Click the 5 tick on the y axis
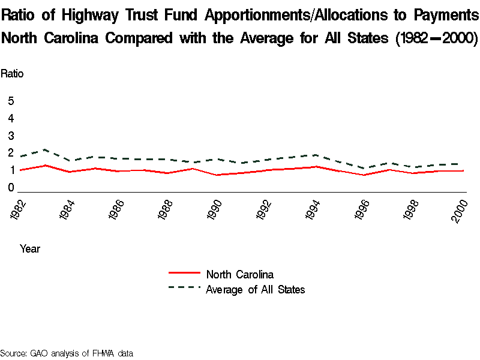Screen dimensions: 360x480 tap(11, 101)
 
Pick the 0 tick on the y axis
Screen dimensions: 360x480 tap(11, 188)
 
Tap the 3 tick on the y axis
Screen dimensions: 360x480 tap(11, 136)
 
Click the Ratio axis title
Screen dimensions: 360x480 tap(12, 74)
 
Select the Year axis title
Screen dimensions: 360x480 tap(30, 248)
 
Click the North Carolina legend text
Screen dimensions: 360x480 tap(239, 275)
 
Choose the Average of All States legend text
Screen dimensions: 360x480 tap(255, 290)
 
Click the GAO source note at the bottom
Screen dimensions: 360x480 tap(67, 353)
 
